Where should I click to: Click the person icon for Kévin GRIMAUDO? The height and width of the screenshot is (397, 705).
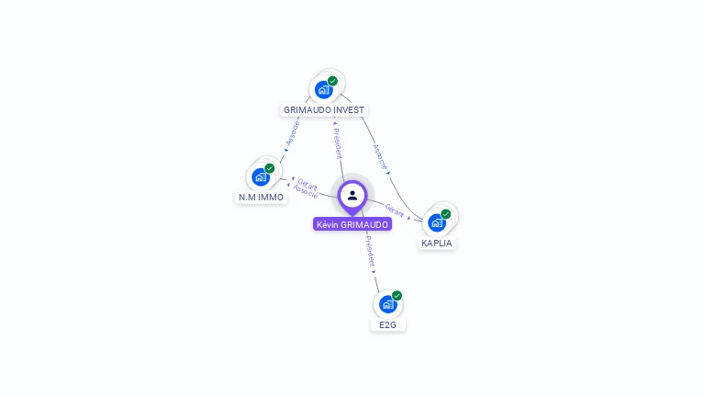(x=352, y=195)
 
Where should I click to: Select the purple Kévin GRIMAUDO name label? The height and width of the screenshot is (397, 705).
(x=352, y=224)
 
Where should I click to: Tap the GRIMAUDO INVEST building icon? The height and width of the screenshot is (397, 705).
(x=323, y=89)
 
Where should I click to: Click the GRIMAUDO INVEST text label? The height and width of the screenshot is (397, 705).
(x=324, y=109)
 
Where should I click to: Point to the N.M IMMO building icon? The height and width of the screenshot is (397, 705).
(x=261, y=176)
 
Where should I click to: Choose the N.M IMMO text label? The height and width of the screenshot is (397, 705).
(x=262, y=197)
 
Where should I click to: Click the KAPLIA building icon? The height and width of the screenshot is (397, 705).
(x=437, y=222)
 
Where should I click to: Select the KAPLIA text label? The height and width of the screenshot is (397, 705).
(x=437, y=244)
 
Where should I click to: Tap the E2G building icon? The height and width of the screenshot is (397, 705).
(x=388, y=303)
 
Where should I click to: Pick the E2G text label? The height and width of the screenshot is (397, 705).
(x=388, y=324)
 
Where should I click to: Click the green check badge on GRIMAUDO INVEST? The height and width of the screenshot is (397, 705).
(x=332, y=81)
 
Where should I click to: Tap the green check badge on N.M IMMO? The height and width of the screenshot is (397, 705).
(x=270, y=168)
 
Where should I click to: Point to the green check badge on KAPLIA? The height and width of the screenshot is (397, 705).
(x=446, y=214)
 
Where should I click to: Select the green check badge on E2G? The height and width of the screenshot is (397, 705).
(x=397, y=295)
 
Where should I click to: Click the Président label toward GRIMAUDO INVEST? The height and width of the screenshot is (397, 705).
(x=337, y=142)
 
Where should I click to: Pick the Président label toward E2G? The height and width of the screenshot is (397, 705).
(x=369, y=250)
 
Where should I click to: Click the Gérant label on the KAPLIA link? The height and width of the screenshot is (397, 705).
(x=395, y=210)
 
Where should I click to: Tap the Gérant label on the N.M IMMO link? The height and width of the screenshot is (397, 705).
(x=308, y=184)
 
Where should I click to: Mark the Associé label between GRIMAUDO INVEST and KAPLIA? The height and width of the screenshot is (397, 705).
(x=380, y=156)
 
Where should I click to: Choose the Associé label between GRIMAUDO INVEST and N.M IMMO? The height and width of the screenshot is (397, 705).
(x=293, y=133)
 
